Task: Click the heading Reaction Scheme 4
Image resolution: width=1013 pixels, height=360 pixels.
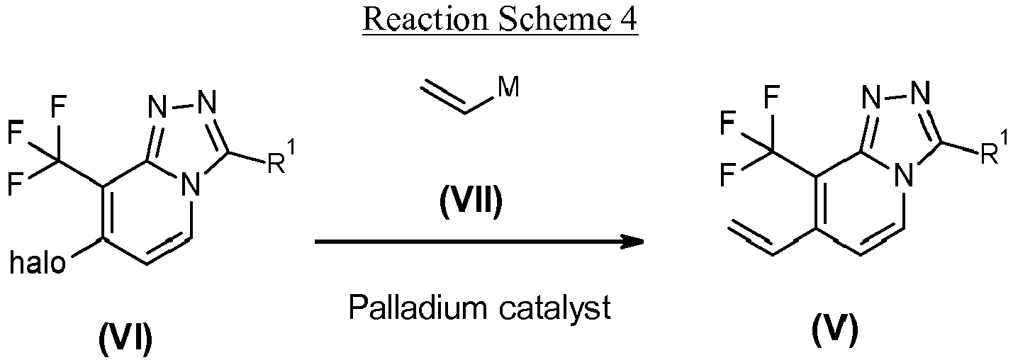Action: [x=500, y=20]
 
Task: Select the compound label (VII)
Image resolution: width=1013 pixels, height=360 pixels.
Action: [x=471, y=203]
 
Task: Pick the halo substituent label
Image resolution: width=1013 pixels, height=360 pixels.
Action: [x=38, y=263]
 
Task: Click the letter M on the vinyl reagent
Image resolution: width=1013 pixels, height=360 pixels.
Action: [x=508, y=86]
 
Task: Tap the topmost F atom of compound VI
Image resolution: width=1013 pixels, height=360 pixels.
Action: [x=58, y=107]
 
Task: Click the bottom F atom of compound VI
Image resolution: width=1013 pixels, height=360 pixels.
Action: [x=16, y=184]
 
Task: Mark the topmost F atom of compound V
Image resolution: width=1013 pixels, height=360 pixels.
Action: [x=771, y=97]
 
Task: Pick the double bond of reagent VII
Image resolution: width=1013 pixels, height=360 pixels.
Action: [x=443, y=96]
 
